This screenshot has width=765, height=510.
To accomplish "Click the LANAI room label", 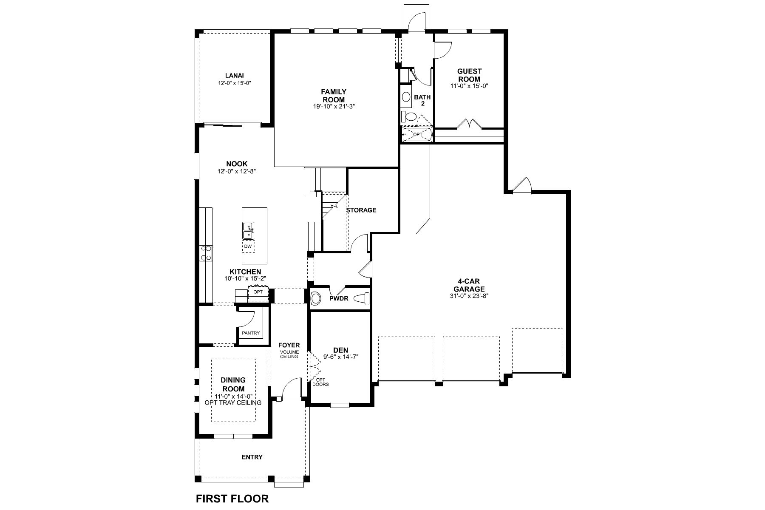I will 235,76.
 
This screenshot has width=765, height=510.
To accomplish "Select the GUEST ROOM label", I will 469,75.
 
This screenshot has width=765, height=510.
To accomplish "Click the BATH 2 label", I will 422,100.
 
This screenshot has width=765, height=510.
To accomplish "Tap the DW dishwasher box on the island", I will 248,246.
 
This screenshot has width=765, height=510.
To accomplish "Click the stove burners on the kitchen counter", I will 207,253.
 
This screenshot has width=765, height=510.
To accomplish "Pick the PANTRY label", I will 250,333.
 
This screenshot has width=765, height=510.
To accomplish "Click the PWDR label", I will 339,298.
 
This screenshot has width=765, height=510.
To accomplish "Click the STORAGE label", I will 361,210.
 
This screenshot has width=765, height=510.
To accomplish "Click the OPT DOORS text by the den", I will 320,382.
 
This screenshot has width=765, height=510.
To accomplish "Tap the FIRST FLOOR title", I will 232,499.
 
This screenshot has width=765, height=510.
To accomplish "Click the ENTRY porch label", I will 252,457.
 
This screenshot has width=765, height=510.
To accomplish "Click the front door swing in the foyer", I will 291,389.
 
